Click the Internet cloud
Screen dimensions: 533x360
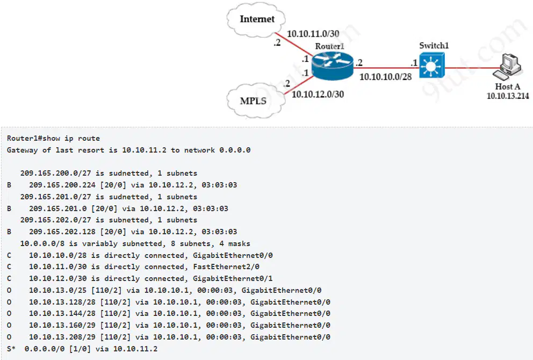(x=256, y=20)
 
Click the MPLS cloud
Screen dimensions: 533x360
(x=255, y=100)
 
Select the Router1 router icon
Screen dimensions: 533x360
(x=333, y=66)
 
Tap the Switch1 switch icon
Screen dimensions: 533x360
(x=431, y=66)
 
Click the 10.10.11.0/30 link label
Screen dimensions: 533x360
(x=313, y=34)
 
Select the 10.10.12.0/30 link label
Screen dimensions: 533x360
(x=318, y=94)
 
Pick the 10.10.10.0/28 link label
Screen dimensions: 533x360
(x=385, y=77)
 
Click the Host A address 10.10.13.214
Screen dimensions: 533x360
(x=508, y=96)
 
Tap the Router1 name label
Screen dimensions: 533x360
(x=329, y=46)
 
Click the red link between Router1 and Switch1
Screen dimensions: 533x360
(x=386, y=68)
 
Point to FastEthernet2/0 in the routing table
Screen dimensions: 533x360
(x=226, y=267)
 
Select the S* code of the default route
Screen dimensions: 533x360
(x=11, y=349)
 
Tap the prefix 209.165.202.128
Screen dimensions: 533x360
(x=62, y=232)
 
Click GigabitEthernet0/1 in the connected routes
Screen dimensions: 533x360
(x=233, y=279)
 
